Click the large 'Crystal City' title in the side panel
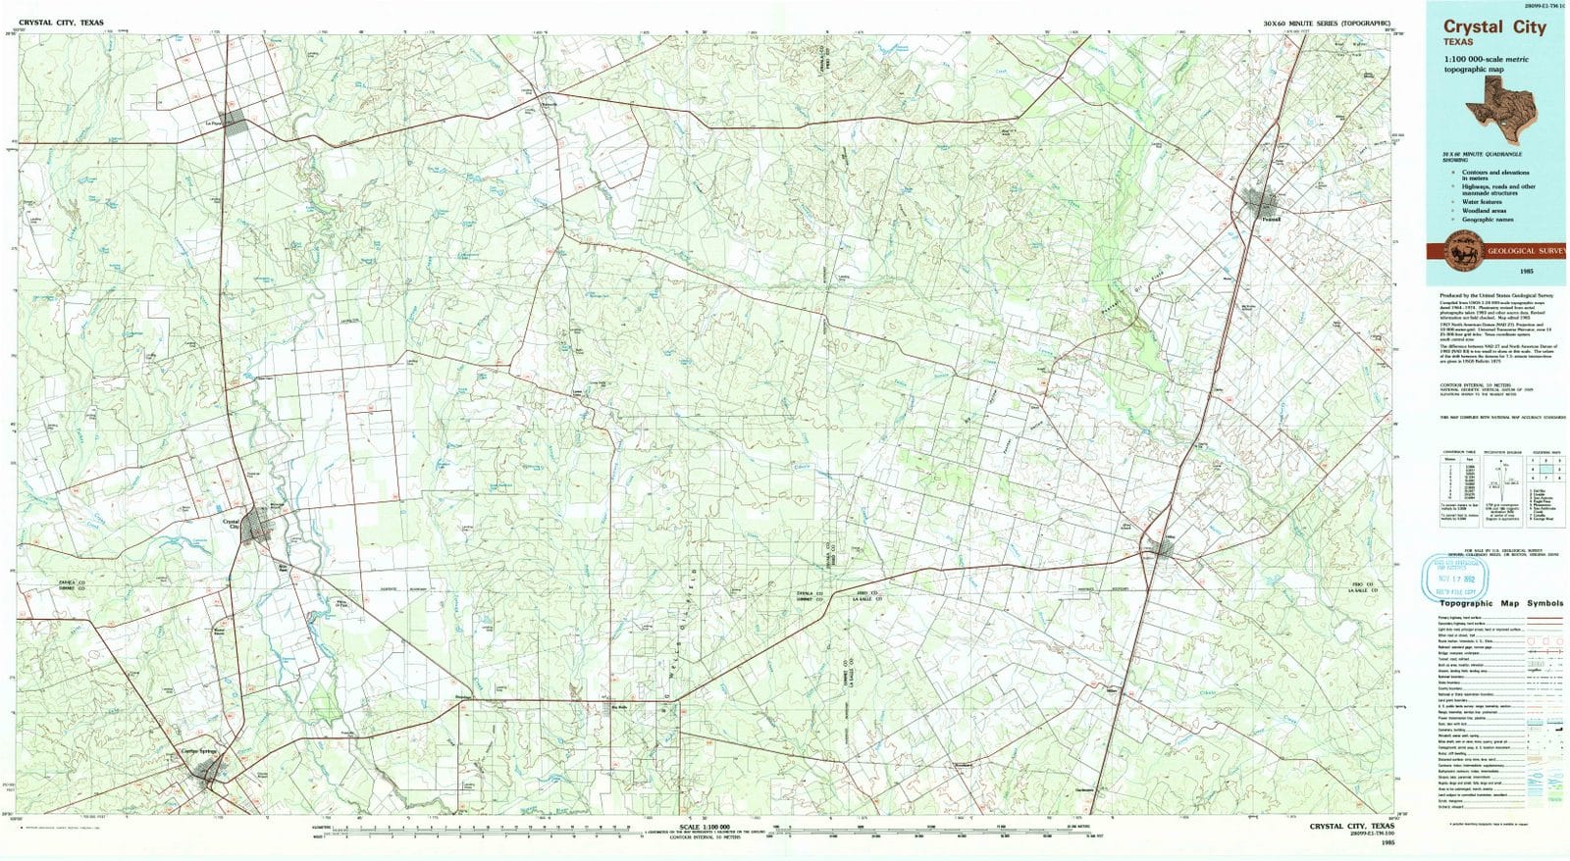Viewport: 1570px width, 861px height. pyautogui.click(x=1493, y=27)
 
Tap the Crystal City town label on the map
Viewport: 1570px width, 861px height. pyautogui.click(x=233, y=525)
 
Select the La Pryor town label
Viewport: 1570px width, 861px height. pyautogui.click(x=212, y=123)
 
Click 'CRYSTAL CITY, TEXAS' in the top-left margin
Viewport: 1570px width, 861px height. pyautogui.click(x=60, y=22)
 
